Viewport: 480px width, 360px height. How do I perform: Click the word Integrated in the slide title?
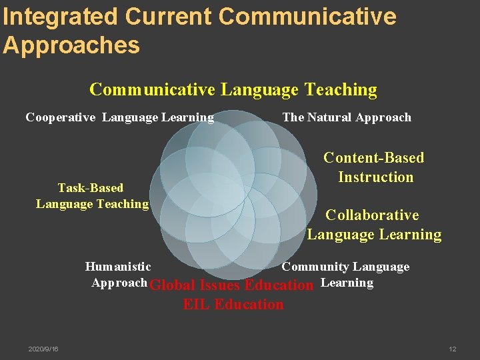pyautogui.click(x=60, y=17)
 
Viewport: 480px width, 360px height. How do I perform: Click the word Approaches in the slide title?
pyautogui.click(x=71, y=45)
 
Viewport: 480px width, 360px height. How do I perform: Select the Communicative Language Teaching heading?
pyautogui.click(x=233, y=89)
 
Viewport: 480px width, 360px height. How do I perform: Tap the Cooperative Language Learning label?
pyautogui.click(x=120, y=118)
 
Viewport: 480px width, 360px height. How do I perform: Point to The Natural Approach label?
pyautogui.click(x=347, y=118)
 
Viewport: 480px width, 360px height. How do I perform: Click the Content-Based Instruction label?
pyautogui.click(x=374, y=167)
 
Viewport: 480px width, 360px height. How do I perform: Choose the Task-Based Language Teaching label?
pyautogui.click(x=92, y=196)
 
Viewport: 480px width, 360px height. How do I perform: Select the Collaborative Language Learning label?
pyautogui.click(x=373, y=225)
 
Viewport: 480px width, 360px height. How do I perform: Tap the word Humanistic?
pyautogui.click(x=118, y=267)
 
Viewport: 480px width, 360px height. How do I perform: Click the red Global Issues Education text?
pyautogui.click(x=231, y=285)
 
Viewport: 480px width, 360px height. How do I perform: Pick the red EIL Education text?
pyautogui.click(x=233, y=305)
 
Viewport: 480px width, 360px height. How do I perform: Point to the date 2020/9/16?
pyautogui.click(x=43, y=349)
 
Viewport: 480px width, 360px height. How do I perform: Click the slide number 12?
pyautogui.click(x=453, y=349)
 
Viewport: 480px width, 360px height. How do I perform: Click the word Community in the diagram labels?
pyautogui.click(x=315, y=267)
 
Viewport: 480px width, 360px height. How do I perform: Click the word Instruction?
pyautogui.click(x=376, y=177)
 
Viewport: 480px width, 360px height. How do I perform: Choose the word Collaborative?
pyautogui.click(x=372, y=215)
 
